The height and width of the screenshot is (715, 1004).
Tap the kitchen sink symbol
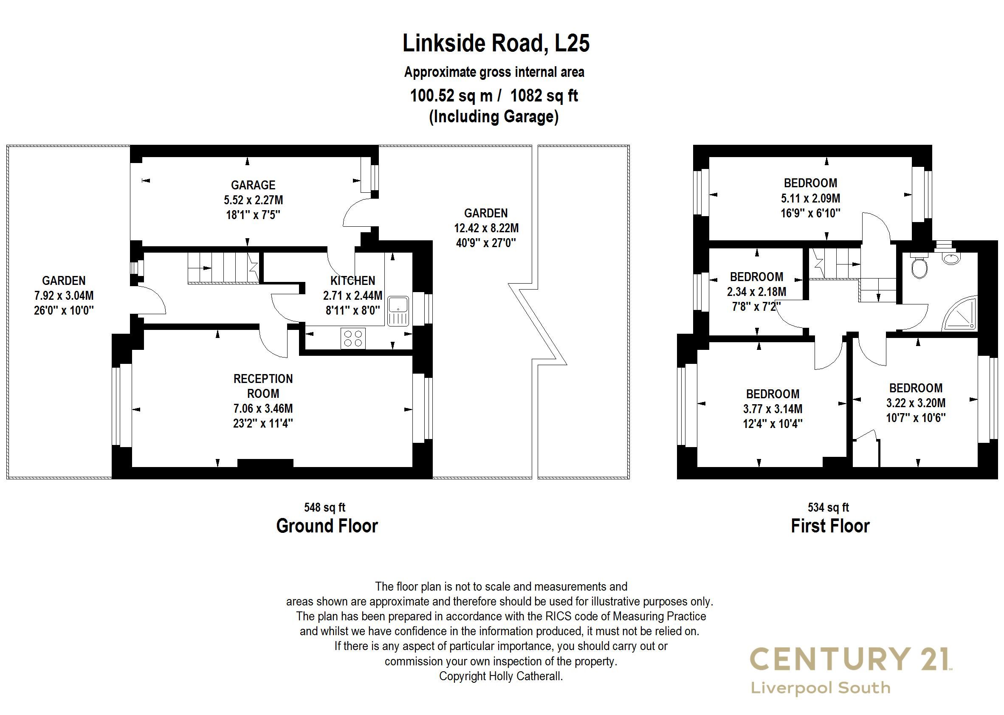click(398, 311)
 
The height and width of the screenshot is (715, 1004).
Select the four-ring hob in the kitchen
click(353, 338)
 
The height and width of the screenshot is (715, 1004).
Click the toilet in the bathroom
click(919, 267)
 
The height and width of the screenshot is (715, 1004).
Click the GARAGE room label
click(253, 185)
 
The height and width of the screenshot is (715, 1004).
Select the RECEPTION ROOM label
click(263, 386)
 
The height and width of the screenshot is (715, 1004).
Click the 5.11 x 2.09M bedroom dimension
click(810, 198)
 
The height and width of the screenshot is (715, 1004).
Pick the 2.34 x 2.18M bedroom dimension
click(756, 291)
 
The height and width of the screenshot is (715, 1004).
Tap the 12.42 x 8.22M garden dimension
click(486, 228)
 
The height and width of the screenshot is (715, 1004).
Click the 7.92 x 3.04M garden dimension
click(64, 296)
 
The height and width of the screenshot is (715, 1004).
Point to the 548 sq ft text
click(324, 508)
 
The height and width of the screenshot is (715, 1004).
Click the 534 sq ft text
click(828, 508)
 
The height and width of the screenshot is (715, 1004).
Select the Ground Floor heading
click(327, 526)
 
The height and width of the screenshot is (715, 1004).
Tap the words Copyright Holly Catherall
click(501, 676)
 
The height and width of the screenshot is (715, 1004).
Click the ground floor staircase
click(223, 267)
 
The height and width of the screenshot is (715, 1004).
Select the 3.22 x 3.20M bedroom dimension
click(916, 403)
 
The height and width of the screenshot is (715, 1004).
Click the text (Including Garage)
click(494, 117)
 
